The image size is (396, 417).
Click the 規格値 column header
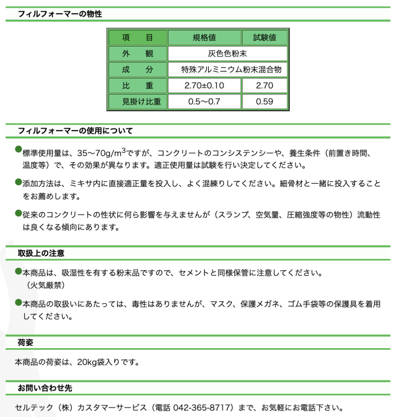[x=204, y=38]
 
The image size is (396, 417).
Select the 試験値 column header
[x=265, y=38]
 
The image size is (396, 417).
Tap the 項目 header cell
[x=137, y=38]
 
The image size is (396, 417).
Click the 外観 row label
[x=137, y=54]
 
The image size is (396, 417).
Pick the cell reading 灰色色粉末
[x=227, y=54]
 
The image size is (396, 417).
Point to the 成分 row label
[x=137, y=70]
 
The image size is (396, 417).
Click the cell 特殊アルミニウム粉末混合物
[x=231, y=70]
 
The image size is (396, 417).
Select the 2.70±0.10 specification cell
[x=204, y=86]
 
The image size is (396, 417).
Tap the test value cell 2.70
[x=265, y=86]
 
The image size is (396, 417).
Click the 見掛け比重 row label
[x=137, y=101]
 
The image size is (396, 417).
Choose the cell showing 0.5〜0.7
[x=204, y=101]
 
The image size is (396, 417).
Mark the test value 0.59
[x=265, y=101]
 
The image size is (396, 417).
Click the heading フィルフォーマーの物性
[x=60, y=14]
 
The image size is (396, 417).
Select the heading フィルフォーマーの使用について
[x=75, y=131]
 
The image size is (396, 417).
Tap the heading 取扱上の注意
[x=41, y=253]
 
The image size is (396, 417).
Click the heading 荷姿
[x=25, y=342]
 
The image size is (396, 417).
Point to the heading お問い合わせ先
[x=45, y=388]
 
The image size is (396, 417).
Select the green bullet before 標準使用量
[x=18, y=149]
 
